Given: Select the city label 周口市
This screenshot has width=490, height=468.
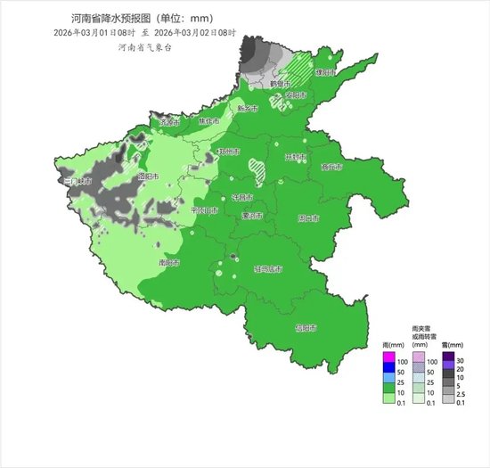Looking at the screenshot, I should (x=308, y=218).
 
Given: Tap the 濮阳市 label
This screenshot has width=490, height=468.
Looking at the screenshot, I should (x=327, y=70).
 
